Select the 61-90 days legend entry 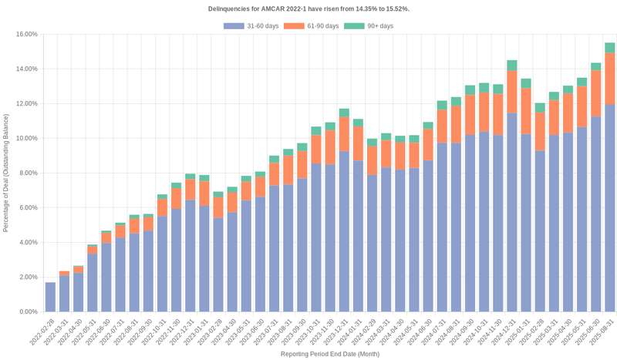click(x=312, y=26)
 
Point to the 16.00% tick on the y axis click(x=27, y=34)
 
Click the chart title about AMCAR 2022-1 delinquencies click(x=308, y=8)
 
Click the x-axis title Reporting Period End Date click(x=329, y=353)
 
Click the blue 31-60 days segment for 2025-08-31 click(x=609, y=208)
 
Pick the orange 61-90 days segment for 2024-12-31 click(x=511, y=92)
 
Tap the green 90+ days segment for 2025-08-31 click(x=609, y=48)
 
